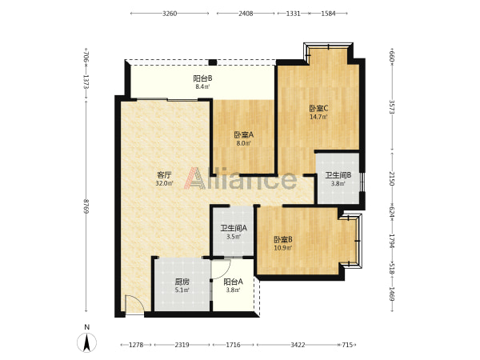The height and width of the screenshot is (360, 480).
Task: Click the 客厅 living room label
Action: (x=164, y=175)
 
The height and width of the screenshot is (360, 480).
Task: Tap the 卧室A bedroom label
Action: (x=244, y=134)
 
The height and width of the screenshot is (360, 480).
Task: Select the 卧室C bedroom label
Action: (x=318, y=108)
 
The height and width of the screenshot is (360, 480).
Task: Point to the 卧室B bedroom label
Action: (x=283, y=239)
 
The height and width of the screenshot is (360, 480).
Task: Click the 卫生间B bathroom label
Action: (x=338, y=175)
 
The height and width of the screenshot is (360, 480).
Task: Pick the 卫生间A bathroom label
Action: (x=234, y=228)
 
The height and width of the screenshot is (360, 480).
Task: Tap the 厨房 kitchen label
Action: (x=182, y=282)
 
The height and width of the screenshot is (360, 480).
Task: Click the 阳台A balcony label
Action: (x=234, y=282)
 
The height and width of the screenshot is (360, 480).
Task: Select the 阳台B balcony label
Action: (x=202, y=78)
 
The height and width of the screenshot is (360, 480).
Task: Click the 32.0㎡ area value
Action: (x=164, y=184)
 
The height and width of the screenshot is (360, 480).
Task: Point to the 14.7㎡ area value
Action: (x=318, y=117)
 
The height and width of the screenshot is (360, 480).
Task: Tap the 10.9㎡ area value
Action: (x=283, y=248)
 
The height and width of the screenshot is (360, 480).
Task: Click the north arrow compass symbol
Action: (x=87, y=342)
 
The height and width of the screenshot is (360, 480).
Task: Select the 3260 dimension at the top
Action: (x=170, y=14)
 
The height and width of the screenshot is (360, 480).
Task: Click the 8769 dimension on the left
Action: (x=86, y=206)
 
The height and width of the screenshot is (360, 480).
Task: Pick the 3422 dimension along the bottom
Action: (x=298, y=345)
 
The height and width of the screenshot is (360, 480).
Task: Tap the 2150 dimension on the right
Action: (x=392, y=178)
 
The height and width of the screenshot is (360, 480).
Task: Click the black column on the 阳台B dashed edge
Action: (x=213, y=62)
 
